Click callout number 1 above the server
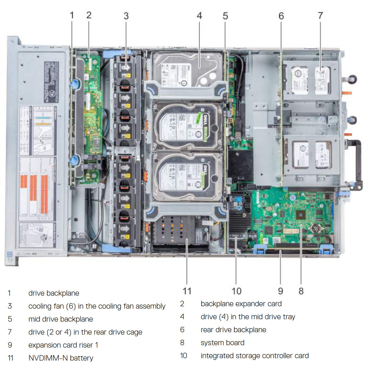click(72, 15)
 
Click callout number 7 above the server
click(320, 15)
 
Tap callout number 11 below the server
click(187, 291)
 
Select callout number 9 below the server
click(281, 291)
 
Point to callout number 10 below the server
click(236, 291)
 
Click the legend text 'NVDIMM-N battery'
click(60, 358)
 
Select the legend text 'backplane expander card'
click(241, 303)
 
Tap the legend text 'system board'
click(222, 342)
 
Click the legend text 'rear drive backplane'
click(233, 329)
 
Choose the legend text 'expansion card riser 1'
click(63, 345)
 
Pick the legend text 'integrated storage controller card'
click(255, 356)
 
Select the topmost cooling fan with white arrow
click(125, 67)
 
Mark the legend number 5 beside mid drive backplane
click(10, 319)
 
